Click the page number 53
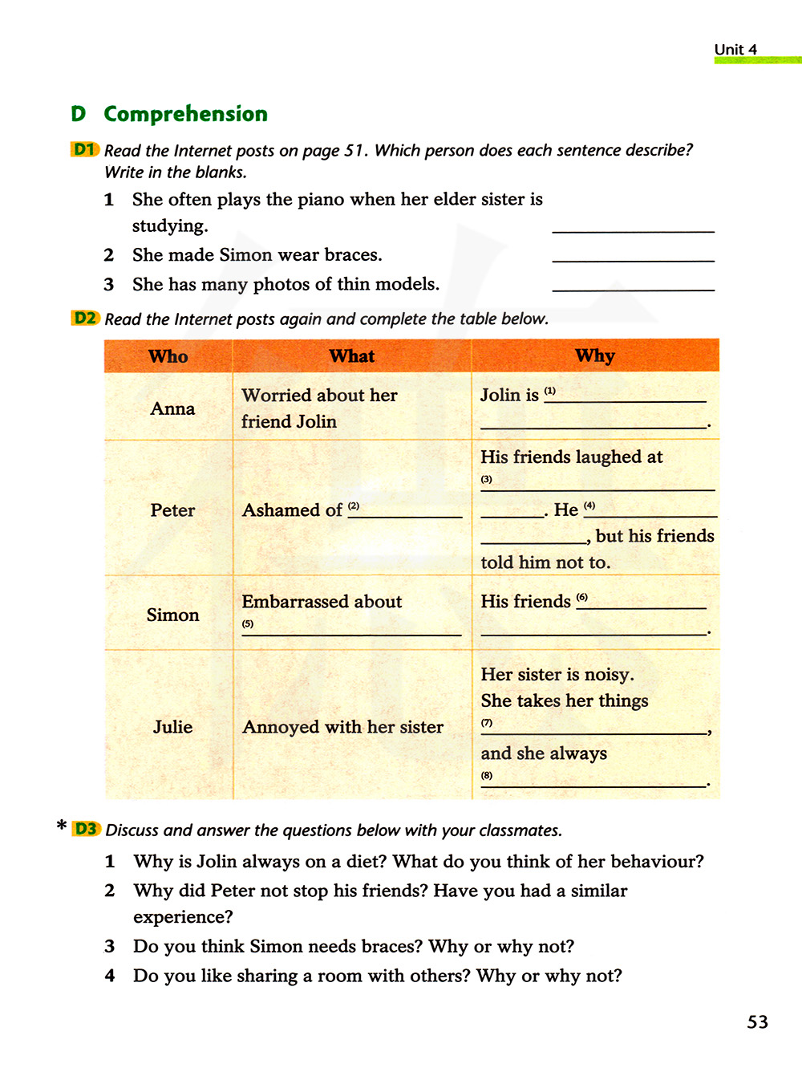pos(757,1021)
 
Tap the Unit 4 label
pos(735,50)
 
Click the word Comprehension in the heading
pos(185,114)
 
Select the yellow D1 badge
pos(84,149)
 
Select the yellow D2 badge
pos(85,318)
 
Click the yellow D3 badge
pos(86,829)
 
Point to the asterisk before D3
pos(62,826)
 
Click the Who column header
pos(168,356)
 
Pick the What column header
pos(351,356)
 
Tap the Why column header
pos(594,355)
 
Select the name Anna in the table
pos(172,408)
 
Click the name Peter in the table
pos(172,510)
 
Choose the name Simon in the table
pos(172,615)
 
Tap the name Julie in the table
pos(172,727)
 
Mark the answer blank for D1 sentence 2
pos(633,255)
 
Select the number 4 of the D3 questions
pos(110,976)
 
